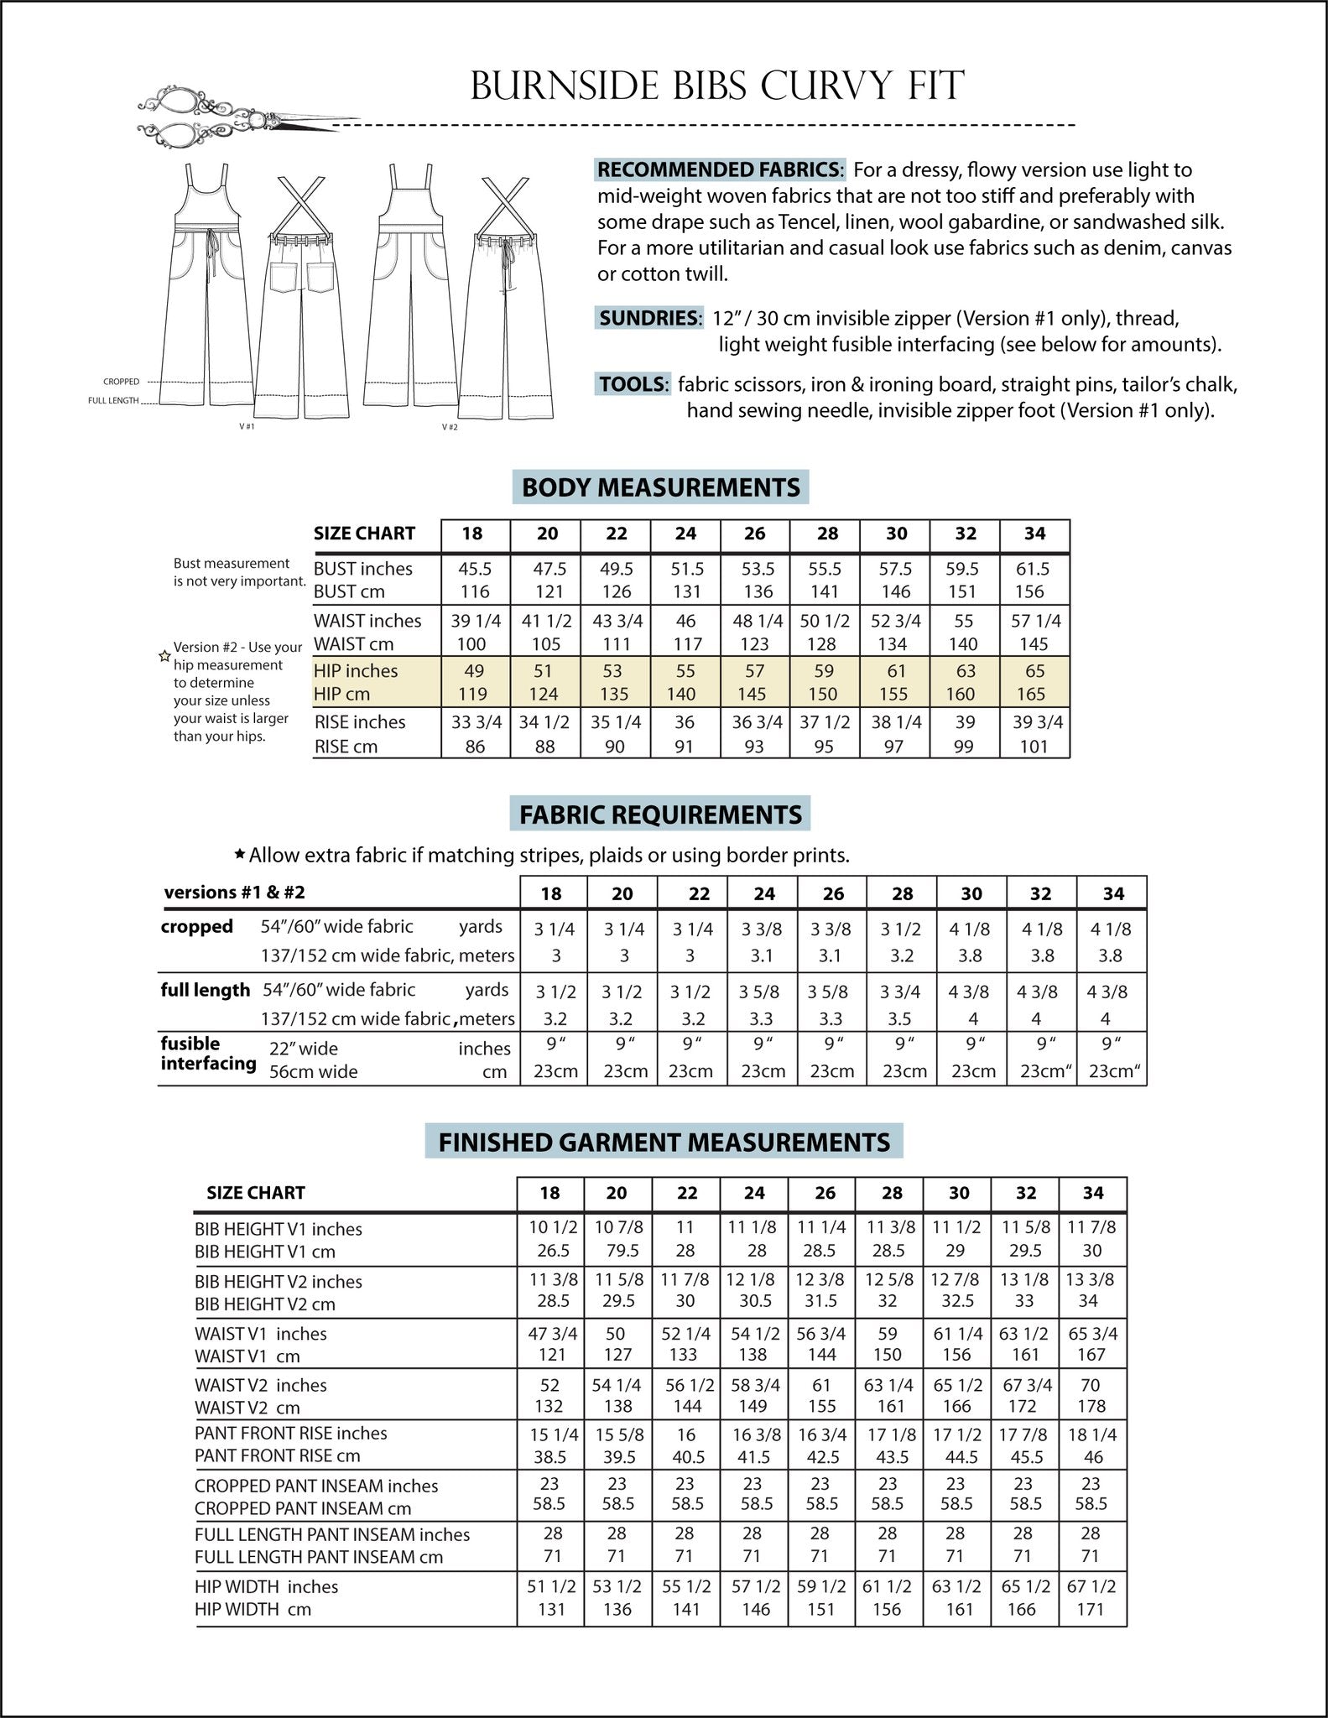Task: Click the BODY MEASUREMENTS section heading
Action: (x=660, y=487)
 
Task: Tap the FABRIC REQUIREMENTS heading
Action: (x=660, y=815)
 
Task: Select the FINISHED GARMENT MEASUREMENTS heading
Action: (x=664, y=1142)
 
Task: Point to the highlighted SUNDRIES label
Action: (x=648, y=318)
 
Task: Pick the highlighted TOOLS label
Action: (x=633, y=384)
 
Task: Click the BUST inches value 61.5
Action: (x=1033, y=569)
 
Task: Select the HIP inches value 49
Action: (x=475, y=671)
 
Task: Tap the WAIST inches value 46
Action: (x=685, y=621)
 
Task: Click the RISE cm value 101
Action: (x=1034, y=747)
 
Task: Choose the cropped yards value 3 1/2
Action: (x=902, y=929)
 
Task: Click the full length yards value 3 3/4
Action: (x=901, y=992)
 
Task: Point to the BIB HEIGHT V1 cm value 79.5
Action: (x=617, y=1251)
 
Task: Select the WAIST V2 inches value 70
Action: (x=1091, y=1385)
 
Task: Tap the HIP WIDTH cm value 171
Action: (x=1091, y=1609)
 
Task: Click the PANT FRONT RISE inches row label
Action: (x=290, y=1433)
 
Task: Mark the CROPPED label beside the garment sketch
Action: (x=121, y=382)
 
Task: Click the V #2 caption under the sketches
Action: (x=450, y=427)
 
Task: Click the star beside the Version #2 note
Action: (x=164, y=656)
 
